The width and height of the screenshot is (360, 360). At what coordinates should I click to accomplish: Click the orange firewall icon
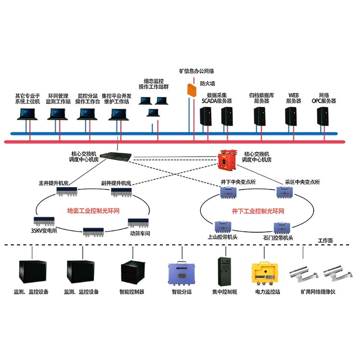[x=192, y=89]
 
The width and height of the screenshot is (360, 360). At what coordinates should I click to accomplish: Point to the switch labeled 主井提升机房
[x=68, y=192]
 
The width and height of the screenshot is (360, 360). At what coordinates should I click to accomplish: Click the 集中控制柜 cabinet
[x=223, y=271]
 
